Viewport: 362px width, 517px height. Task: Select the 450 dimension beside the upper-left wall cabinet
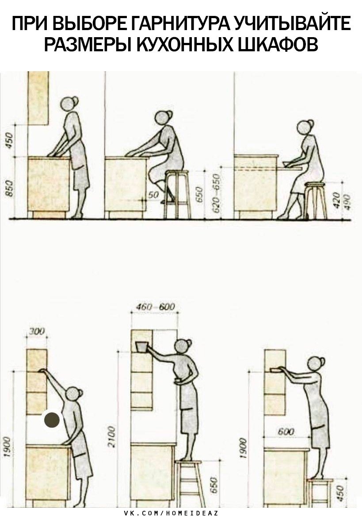tap(9, 140)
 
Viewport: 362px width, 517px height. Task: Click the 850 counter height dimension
tap(10, 188)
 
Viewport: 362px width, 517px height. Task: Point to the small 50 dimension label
tap(153, 195)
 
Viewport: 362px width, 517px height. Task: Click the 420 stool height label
tap(337, 200)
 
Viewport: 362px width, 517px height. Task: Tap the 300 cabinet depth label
tap(36, 331)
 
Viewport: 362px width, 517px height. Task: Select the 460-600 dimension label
tap(156, 306)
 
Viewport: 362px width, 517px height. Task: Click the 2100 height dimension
tap(111, 437)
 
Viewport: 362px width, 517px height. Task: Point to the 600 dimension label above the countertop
tap(286, 431)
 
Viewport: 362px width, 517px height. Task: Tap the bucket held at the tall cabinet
tap(141, 347)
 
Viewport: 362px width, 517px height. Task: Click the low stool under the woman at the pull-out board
tap(316, 201)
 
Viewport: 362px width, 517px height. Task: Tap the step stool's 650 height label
tap(214, 485)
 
